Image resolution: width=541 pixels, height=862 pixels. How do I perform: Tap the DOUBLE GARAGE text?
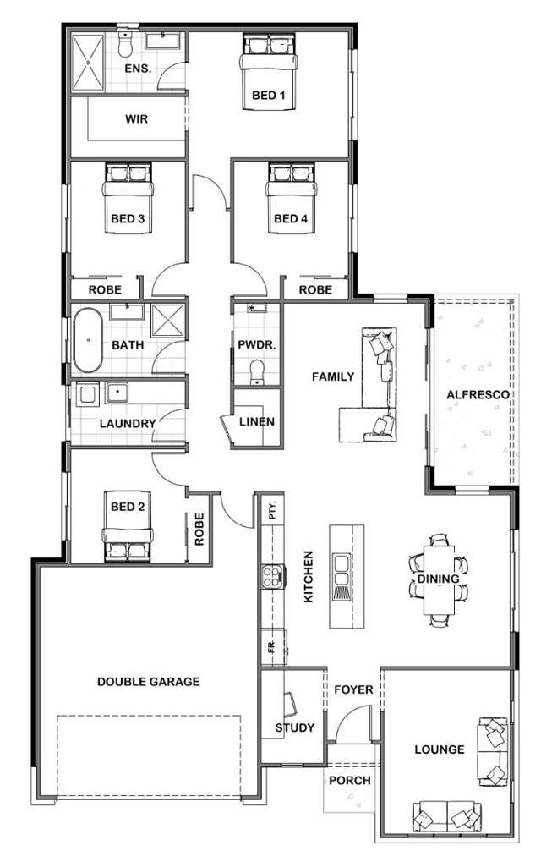click(148, 681)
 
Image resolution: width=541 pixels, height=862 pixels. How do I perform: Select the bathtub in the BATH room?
click(85, 343)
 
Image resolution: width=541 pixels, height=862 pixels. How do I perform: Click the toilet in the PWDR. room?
click(257, 371)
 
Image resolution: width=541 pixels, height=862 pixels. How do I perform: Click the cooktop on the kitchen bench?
click(273, 577)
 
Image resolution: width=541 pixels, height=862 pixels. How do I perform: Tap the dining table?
click(438, 579)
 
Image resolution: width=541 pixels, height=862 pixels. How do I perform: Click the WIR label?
click(136, 119)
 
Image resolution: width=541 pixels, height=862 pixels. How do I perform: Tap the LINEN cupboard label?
click(255, 421)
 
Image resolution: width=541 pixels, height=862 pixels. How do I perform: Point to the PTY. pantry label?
click(272, 511)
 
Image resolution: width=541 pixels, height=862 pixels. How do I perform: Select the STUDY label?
click(295, 727)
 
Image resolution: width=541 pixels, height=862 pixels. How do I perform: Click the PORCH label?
click(349, 780)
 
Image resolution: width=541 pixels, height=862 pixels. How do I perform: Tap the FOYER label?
click(352, 689)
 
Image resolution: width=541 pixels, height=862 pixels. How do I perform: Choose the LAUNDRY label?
click(127, 423)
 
